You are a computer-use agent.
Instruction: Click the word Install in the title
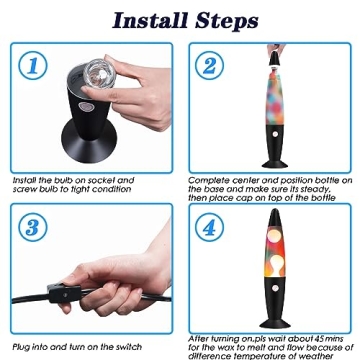[151, 21]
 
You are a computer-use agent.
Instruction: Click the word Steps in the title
[227, 22]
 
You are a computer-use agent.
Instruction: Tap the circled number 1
[33, 65]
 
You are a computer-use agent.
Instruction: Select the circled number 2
[209, 65]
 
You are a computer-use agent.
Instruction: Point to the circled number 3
[33, 227]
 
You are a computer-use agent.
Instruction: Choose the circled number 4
[209, 227]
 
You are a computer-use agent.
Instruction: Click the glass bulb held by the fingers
[98, 73]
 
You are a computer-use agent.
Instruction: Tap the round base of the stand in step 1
[89, 141]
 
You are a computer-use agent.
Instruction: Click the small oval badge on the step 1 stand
[83, 107]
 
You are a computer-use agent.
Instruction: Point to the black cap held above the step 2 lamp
[275, 58]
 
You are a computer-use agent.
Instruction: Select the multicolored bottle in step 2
[275, 96]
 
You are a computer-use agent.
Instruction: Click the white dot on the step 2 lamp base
[275, 134]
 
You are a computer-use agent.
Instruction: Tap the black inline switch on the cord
[64, 294]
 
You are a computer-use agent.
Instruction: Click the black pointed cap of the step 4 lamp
[275, 219]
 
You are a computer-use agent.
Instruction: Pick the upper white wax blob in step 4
[275, 236]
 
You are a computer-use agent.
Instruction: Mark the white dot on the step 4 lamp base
[275, 288]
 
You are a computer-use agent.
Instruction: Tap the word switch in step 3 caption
[129, 347]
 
